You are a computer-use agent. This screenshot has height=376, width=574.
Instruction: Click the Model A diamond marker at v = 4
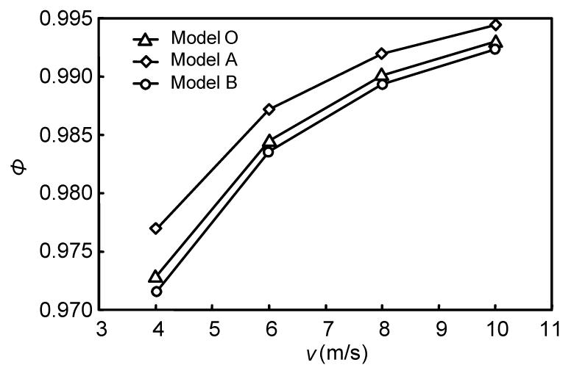(x=156, y=228)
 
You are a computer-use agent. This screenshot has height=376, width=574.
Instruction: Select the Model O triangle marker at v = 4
(x=156, y=277)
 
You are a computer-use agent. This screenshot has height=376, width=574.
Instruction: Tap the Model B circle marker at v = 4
(x=156, y=292)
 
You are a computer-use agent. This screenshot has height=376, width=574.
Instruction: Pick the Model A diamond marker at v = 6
(x=269, y=109)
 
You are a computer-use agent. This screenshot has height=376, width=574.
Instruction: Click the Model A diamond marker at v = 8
(x=382, y=54)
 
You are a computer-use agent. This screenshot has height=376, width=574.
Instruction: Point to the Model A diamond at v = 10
(x=495, y=25)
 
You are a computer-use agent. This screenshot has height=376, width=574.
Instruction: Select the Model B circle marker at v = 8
(x=382, y=84)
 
